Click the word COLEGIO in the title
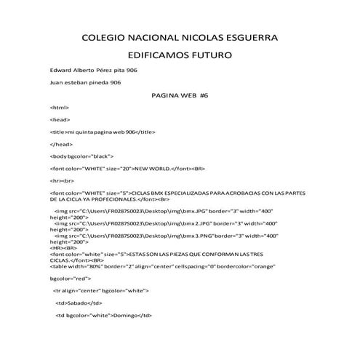coord(104,36)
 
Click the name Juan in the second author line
coord(57,83)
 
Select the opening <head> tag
coord(60,119)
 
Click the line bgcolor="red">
coord(71,278)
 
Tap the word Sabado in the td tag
coord(76,303)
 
